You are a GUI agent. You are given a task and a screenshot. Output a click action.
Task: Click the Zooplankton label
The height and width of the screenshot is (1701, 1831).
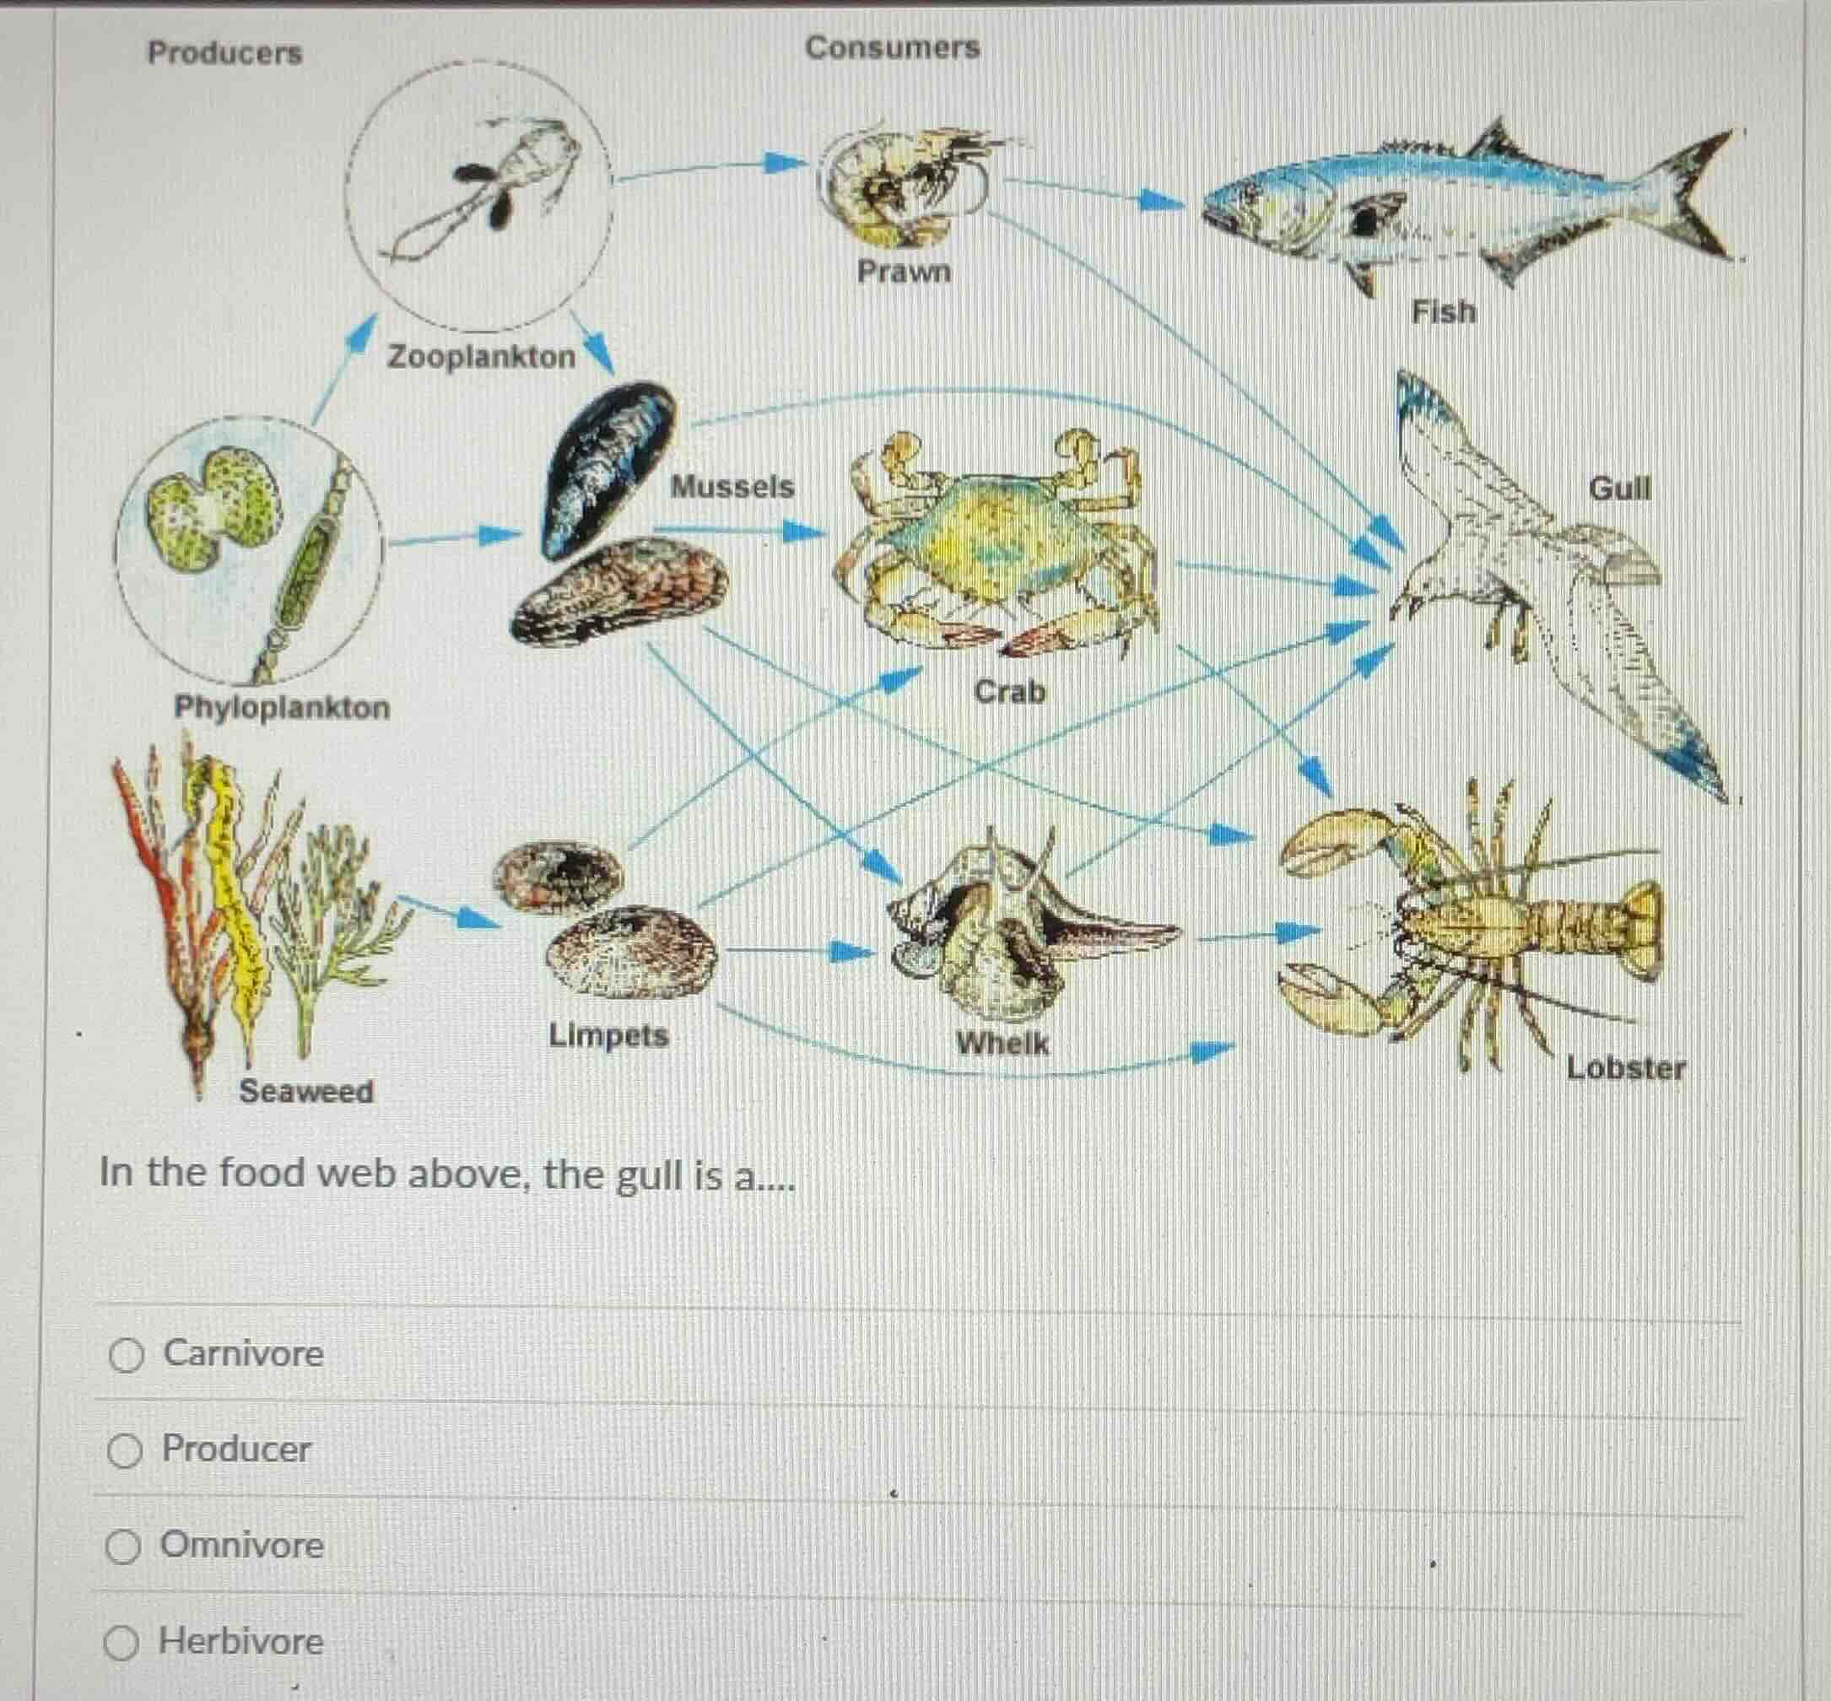pyautogui.click(x=481, y=356)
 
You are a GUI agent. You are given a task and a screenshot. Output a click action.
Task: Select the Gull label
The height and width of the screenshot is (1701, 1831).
pyautogui.click(x=1619, y=488)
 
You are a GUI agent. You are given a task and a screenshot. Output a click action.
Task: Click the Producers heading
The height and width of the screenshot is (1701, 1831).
pyautogui.click(x=224, y=52)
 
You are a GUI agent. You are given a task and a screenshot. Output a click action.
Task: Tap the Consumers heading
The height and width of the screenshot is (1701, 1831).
pyautogui.click(x=892, y=47)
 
